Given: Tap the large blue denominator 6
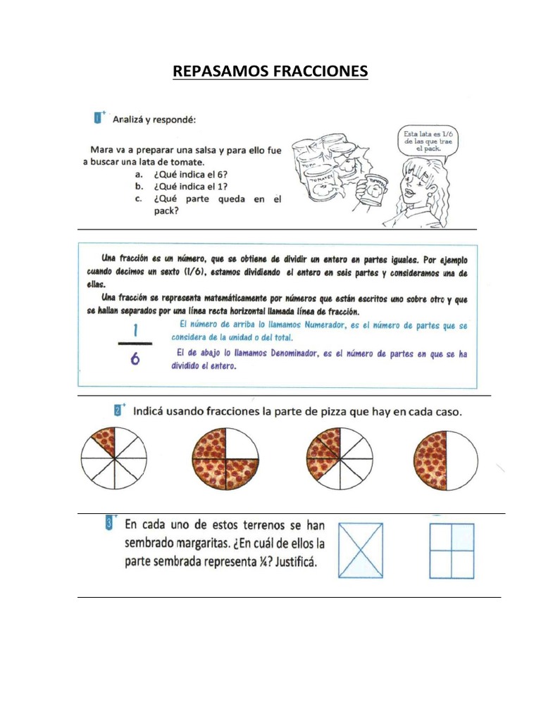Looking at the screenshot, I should pyautogui.click(x=135, y=359).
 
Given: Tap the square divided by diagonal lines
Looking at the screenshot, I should pyautogui.click(x=361, y=551).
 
